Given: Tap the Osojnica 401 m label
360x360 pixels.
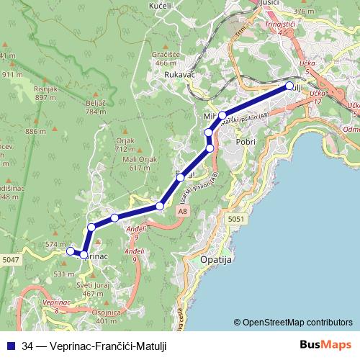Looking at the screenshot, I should (107, 316).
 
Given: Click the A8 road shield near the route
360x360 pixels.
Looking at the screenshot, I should (184, 211).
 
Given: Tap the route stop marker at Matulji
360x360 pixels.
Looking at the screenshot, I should (289, 86).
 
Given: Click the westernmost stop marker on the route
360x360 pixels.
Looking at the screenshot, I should (71, 251).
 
